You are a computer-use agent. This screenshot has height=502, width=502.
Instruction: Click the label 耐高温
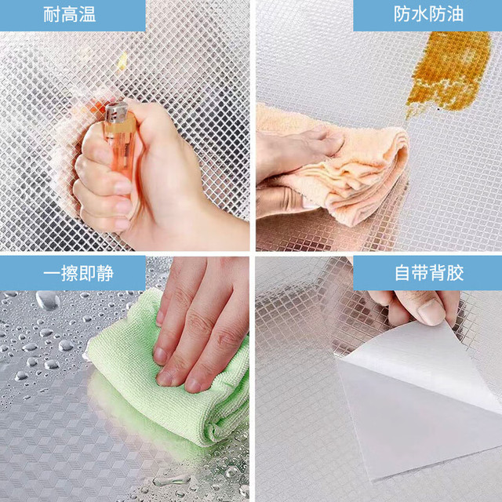pyautogui.click(x=70, y=15)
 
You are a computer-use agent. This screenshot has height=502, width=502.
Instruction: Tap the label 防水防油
pyautogui.click(x=429, y=14)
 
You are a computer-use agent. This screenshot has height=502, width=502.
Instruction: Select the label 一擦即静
pyautogui.click(x=78, y=274)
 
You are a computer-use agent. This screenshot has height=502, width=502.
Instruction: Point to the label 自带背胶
pyautogui.click(x=429, y=273)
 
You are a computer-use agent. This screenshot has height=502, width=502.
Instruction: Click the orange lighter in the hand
pyautogui.click(x=119, y=141)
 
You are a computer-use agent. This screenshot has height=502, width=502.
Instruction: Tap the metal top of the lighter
pyautogui.click(x=117, y=111)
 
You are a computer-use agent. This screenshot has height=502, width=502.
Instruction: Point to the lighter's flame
pyautogui.click(x=122, y=60)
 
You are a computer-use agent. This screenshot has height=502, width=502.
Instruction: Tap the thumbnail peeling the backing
pyautogui.click(x=431, y=311)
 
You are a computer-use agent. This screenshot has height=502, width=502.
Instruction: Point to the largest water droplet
pyautogui.click(x=48, y=300)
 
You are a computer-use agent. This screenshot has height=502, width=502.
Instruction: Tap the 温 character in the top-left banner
pyautogui.click(x=87, y=15)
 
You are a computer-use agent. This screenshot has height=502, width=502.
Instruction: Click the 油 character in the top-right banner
pyautogui.click(x=455, y=14)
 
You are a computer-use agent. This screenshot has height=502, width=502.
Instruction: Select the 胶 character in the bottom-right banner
pyautogui.click(x=456, y=273)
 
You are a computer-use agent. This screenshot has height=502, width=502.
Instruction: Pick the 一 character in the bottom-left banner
pyautogui.click(x=52, y=274)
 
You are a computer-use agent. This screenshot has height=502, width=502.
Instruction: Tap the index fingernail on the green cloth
pyautogui.click(x=160, y=355)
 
